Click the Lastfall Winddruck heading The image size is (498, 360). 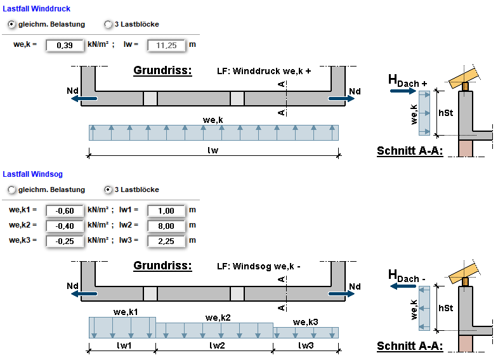click(37, 9)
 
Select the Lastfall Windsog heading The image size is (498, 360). click(33, 174)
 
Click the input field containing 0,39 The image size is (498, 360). click(65, 46)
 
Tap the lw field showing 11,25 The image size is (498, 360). click(166, 46)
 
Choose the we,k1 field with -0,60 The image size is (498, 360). click(65, 210)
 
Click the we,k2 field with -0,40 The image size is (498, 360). click(65, 226)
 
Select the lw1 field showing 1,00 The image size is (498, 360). click(166, 210)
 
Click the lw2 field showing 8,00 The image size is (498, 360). click(166, 226)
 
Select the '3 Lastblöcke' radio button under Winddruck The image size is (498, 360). click(108, 24)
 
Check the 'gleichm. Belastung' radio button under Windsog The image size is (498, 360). click(12, 190)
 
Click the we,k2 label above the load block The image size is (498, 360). click(218, 317)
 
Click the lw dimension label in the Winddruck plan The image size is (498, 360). click(213, 150)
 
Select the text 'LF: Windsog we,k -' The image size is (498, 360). click(258, 266)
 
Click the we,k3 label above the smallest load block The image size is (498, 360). click(306, 322)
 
